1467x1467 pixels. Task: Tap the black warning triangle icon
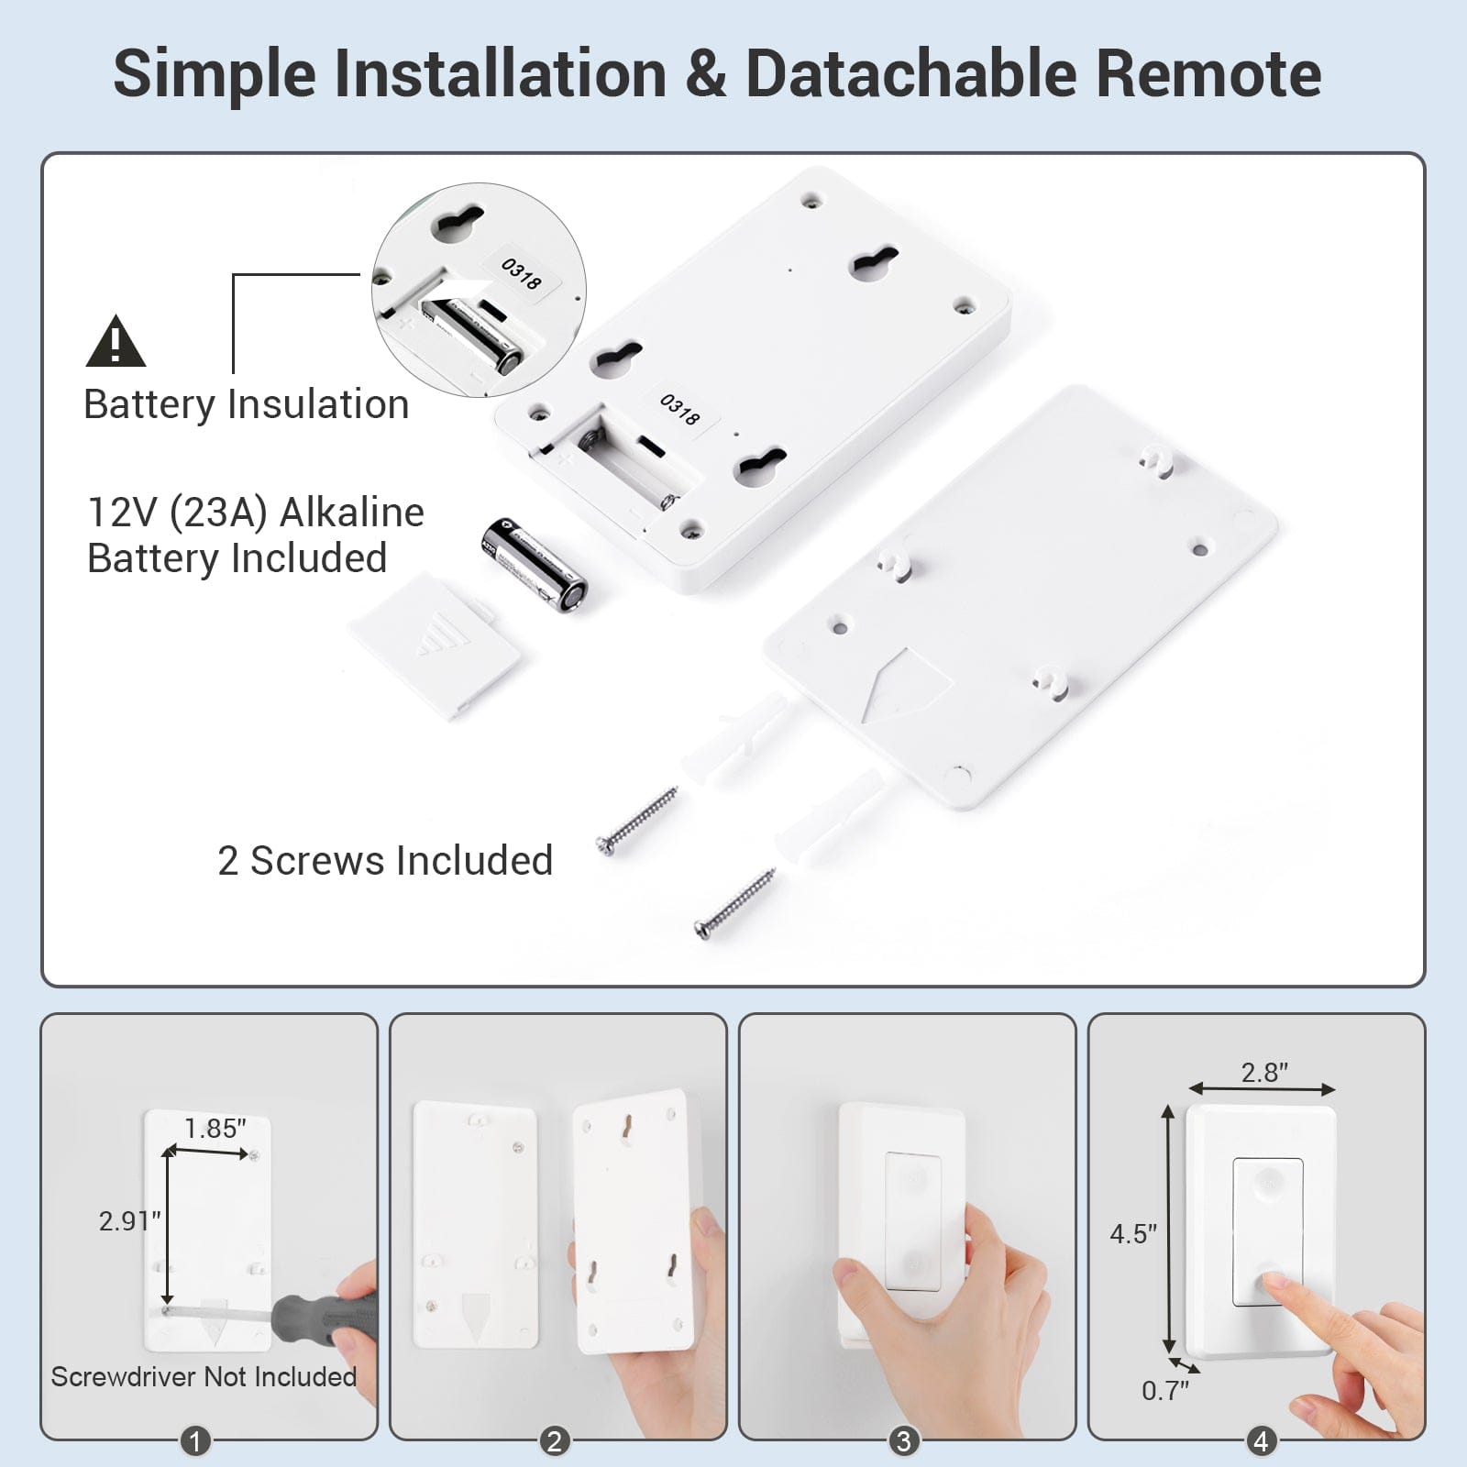click(116, 342)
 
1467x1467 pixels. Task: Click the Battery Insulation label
click(246, 404)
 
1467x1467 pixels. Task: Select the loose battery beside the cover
click(534, 564)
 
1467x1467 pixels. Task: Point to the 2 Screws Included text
click(385, 861)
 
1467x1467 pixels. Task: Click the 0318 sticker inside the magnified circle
click(521, 273)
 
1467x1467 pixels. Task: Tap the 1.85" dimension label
click(215, 1129)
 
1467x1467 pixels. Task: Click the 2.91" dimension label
click(129, 1220)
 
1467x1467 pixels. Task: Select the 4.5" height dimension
click(1133, 1234)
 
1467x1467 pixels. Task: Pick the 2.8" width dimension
click(1264, 1072)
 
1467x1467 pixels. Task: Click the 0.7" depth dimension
click(1164, 1391)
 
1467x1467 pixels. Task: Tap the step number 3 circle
click(903, 1441)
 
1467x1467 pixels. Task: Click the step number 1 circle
click(194, 1441)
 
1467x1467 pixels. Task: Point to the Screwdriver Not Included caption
click(204, 1377)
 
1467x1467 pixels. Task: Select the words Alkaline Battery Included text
click(255, 535)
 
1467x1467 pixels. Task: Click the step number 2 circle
click(554, 1441)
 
